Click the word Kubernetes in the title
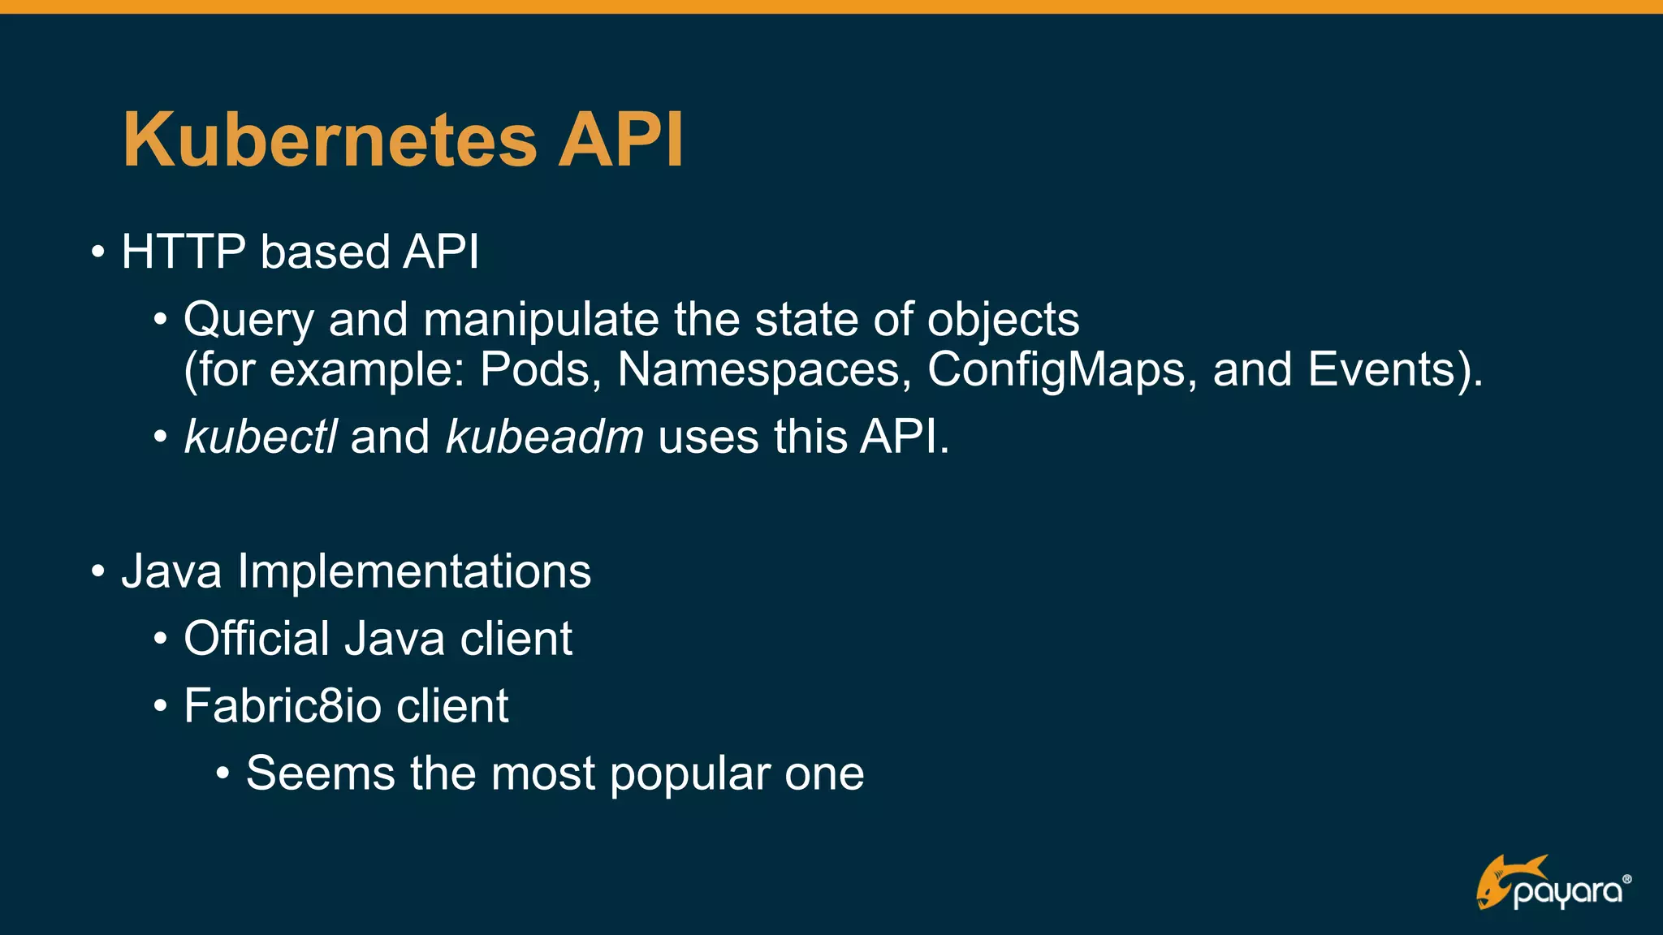[330, 140]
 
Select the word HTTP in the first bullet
[184, 252]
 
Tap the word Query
[248, 320]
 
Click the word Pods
[540, 370]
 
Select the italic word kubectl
[260, 437]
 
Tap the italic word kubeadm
[545, 437]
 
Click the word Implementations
[414, 571]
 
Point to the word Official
[257, 639]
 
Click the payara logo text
[1569, 893]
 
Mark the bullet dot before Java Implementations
[98, 571]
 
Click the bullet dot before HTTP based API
[98, 252]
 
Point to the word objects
[1003, 320]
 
